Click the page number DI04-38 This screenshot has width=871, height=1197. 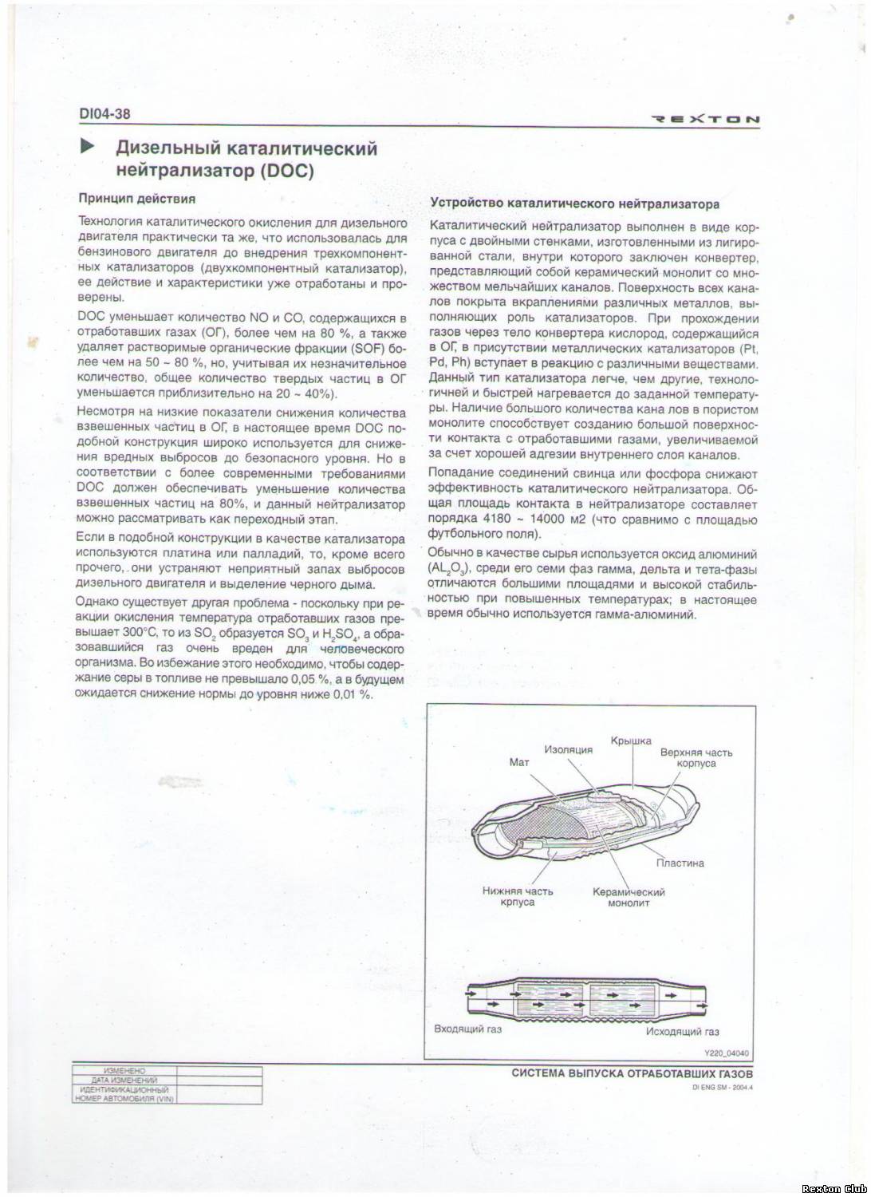104,114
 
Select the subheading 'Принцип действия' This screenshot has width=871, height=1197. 136,198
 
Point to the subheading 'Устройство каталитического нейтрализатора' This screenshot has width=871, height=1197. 574,203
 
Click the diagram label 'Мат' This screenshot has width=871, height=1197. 519,763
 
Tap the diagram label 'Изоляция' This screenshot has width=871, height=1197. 569,750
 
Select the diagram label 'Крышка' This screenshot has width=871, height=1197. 631,741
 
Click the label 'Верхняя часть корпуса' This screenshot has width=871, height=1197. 696,757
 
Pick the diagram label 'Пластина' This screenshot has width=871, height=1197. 680,863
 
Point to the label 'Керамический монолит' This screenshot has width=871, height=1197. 629,897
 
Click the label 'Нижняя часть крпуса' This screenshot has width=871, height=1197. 518,896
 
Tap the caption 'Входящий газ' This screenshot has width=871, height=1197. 467,1029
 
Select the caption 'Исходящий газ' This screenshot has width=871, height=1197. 682,1031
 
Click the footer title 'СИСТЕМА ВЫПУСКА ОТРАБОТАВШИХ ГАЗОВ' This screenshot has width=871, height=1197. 632,1073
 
